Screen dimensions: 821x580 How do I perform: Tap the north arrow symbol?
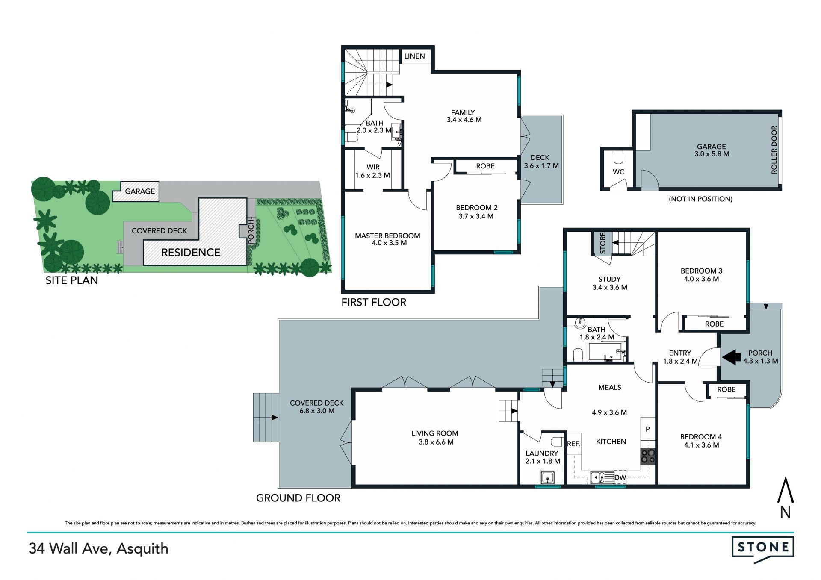coord(785,498)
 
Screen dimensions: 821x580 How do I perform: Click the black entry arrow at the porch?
coord(731,357)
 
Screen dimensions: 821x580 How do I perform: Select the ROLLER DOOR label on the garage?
coord(774,150)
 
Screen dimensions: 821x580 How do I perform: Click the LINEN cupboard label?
coord(414,56)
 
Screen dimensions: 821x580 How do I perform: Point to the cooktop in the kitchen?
coord(647,456)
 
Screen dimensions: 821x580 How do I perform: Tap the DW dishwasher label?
coord(620,477)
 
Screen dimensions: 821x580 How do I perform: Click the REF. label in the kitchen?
coord(573,444)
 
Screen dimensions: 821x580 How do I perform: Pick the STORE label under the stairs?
coord(603,243)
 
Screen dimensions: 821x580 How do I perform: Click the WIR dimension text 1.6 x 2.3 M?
coord(372,175)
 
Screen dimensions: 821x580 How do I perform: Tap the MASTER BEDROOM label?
coord(387,236)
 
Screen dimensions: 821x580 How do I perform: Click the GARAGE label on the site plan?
coord(140,191)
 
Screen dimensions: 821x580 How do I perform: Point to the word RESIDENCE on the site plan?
coord(191,253)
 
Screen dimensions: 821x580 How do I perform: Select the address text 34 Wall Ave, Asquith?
coord(98,549)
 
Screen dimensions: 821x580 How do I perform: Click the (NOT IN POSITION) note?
coord(700,199)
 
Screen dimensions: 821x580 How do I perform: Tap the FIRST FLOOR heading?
coord(374,302)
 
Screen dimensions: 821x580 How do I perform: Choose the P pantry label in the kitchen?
coord(648,429)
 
